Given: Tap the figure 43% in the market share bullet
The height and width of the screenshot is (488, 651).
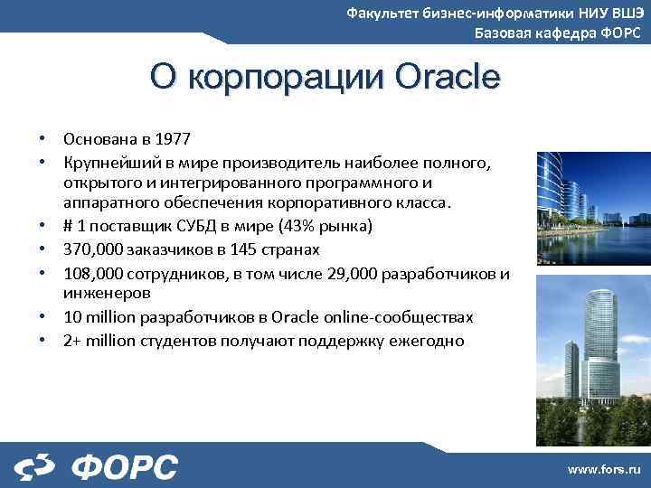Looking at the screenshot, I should (312, 224).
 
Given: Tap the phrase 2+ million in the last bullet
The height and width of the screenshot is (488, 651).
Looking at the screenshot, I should (96, 341).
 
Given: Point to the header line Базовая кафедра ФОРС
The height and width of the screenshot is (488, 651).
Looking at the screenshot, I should (558, 33).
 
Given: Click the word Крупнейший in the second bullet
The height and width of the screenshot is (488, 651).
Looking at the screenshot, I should (107, 163).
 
